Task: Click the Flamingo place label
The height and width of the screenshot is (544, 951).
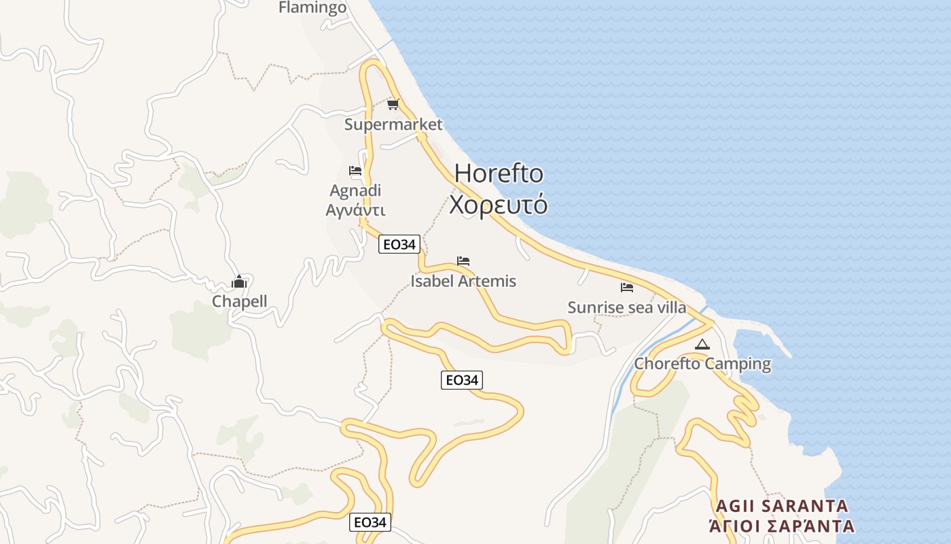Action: [312, 7]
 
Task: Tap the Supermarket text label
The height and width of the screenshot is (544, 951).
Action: [393, 124]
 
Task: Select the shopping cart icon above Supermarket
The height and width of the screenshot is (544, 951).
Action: [393, 105]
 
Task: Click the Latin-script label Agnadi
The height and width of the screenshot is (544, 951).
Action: [355, 190]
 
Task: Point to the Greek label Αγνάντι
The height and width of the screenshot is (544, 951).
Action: [355, 209]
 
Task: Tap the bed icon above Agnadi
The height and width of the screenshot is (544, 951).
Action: [355, 171]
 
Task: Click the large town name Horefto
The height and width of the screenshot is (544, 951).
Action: [499, 173]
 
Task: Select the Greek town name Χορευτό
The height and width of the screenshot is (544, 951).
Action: [499, 204]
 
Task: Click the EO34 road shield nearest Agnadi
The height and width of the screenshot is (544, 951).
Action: [399, 245]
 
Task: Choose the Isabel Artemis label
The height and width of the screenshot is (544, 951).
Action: [463, 281]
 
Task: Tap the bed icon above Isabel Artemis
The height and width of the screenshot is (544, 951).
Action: [463, 261]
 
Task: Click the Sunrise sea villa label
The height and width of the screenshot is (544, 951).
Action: [626, 307]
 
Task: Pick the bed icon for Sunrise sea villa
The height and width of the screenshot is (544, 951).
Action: [626, 288]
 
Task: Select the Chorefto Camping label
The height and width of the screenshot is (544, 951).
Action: [702, 364]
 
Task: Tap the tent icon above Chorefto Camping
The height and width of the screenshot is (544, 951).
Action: [702, 345]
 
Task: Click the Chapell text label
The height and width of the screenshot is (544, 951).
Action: [239, 301]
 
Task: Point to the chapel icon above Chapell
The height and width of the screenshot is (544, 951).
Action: [239, 282]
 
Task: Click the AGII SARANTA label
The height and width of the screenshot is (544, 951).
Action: [782, 506]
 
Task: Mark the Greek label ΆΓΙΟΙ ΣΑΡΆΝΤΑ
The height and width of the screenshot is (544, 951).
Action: [781, 526]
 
